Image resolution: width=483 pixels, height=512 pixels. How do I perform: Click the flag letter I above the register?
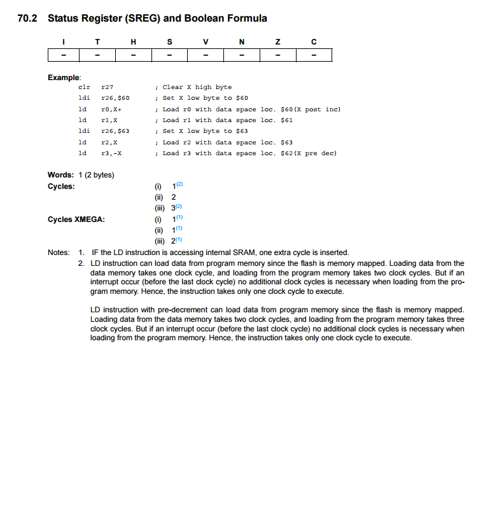(x=62, y=42)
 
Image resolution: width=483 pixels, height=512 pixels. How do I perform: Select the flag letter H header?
(x=133, y=42)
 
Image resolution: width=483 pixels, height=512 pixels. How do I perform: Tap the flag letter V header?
(x=205, y=42)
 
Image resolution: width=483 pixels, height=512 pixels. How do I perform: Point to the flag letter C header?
(x=314, y=42)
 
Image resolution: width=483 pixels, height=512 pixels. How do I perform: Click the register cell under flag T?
(x=97, y=55)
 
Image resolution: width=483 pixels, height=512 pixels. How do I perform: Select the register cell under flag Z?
(x=277, y=55)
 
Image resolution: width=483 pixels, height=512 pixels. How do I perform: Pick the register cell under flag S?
(x=169, y=55)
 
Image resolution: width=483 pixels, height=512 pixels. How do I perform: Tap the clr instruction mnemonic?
(x=83, y=87)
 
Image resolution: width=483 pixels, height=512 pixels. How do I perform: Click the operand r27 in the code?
(x=108, y=87)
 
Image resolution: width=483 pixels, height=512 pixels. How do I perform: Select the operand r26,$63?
(x=116, y=131)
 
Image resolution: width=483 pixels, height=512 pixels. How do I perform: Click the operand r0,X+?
(x=111, y=109)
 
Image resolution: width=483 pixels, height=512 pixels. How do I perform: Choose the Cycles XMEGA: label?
(x=76, y=219)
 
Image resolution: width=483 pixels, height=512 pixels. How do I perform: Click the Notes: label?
(x=59, y=253)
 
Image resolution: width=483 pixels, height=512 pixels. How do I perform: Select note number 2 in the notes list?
(x=81, y=263)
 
